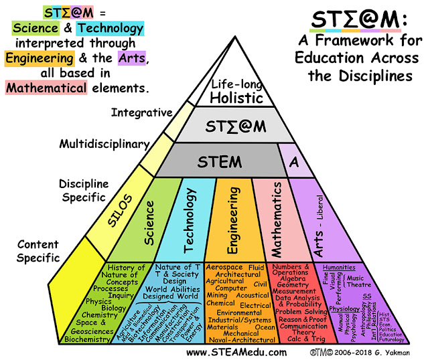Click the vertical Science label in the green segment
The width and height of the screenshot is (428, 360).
(150, 226)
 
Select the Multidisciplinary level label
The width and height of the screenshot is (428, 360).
(103, 144)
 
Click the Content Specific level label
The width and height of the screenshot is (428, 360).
(38, 251)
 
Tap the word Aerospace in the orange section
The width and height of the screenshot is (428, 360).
(224, 267)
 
